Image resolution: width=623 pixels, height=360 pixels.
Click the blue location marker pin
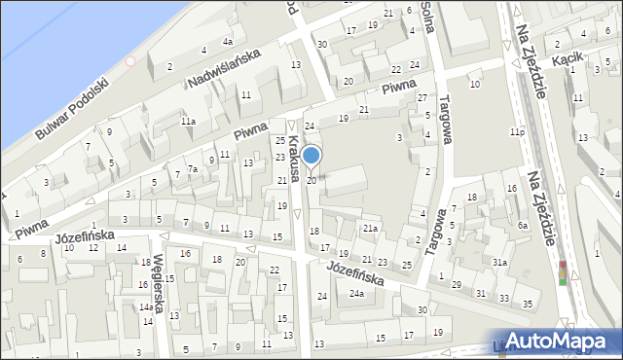(x=311, y=156)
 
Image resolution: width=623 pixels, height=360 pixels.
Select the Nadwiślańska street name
(x=223, y=71)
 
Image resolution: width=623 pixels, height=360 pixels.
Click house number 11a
(x=187, y=122)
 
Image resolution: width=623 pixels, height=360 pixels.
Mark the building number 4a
(x=227, y=42)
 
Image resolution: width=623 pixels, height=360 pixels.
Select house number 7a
(x=193, y=169)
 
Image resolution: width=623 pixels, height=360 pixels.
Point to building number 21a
(x=370, y=229)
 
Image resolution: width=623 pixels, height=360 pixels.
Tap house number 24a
(x=357, y=294)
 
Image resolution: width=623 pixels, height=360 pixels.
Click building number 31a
(x=499, y=263)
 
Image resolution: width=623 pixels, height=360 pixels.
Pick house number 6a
(x=523, y=226)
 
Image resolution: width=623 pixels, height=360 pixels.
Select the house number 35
(x=528, y=305)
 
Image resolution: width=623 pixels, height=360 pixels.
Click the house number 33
(x=503, y=298)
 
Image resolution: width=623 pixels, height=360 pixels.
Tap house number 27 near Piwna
(x=421, y=98)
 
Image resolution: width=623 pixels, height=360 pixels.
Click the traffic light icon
(x=562, y=272)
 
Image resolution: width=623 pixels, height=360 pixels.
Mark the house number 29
(x=456, y=284)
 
